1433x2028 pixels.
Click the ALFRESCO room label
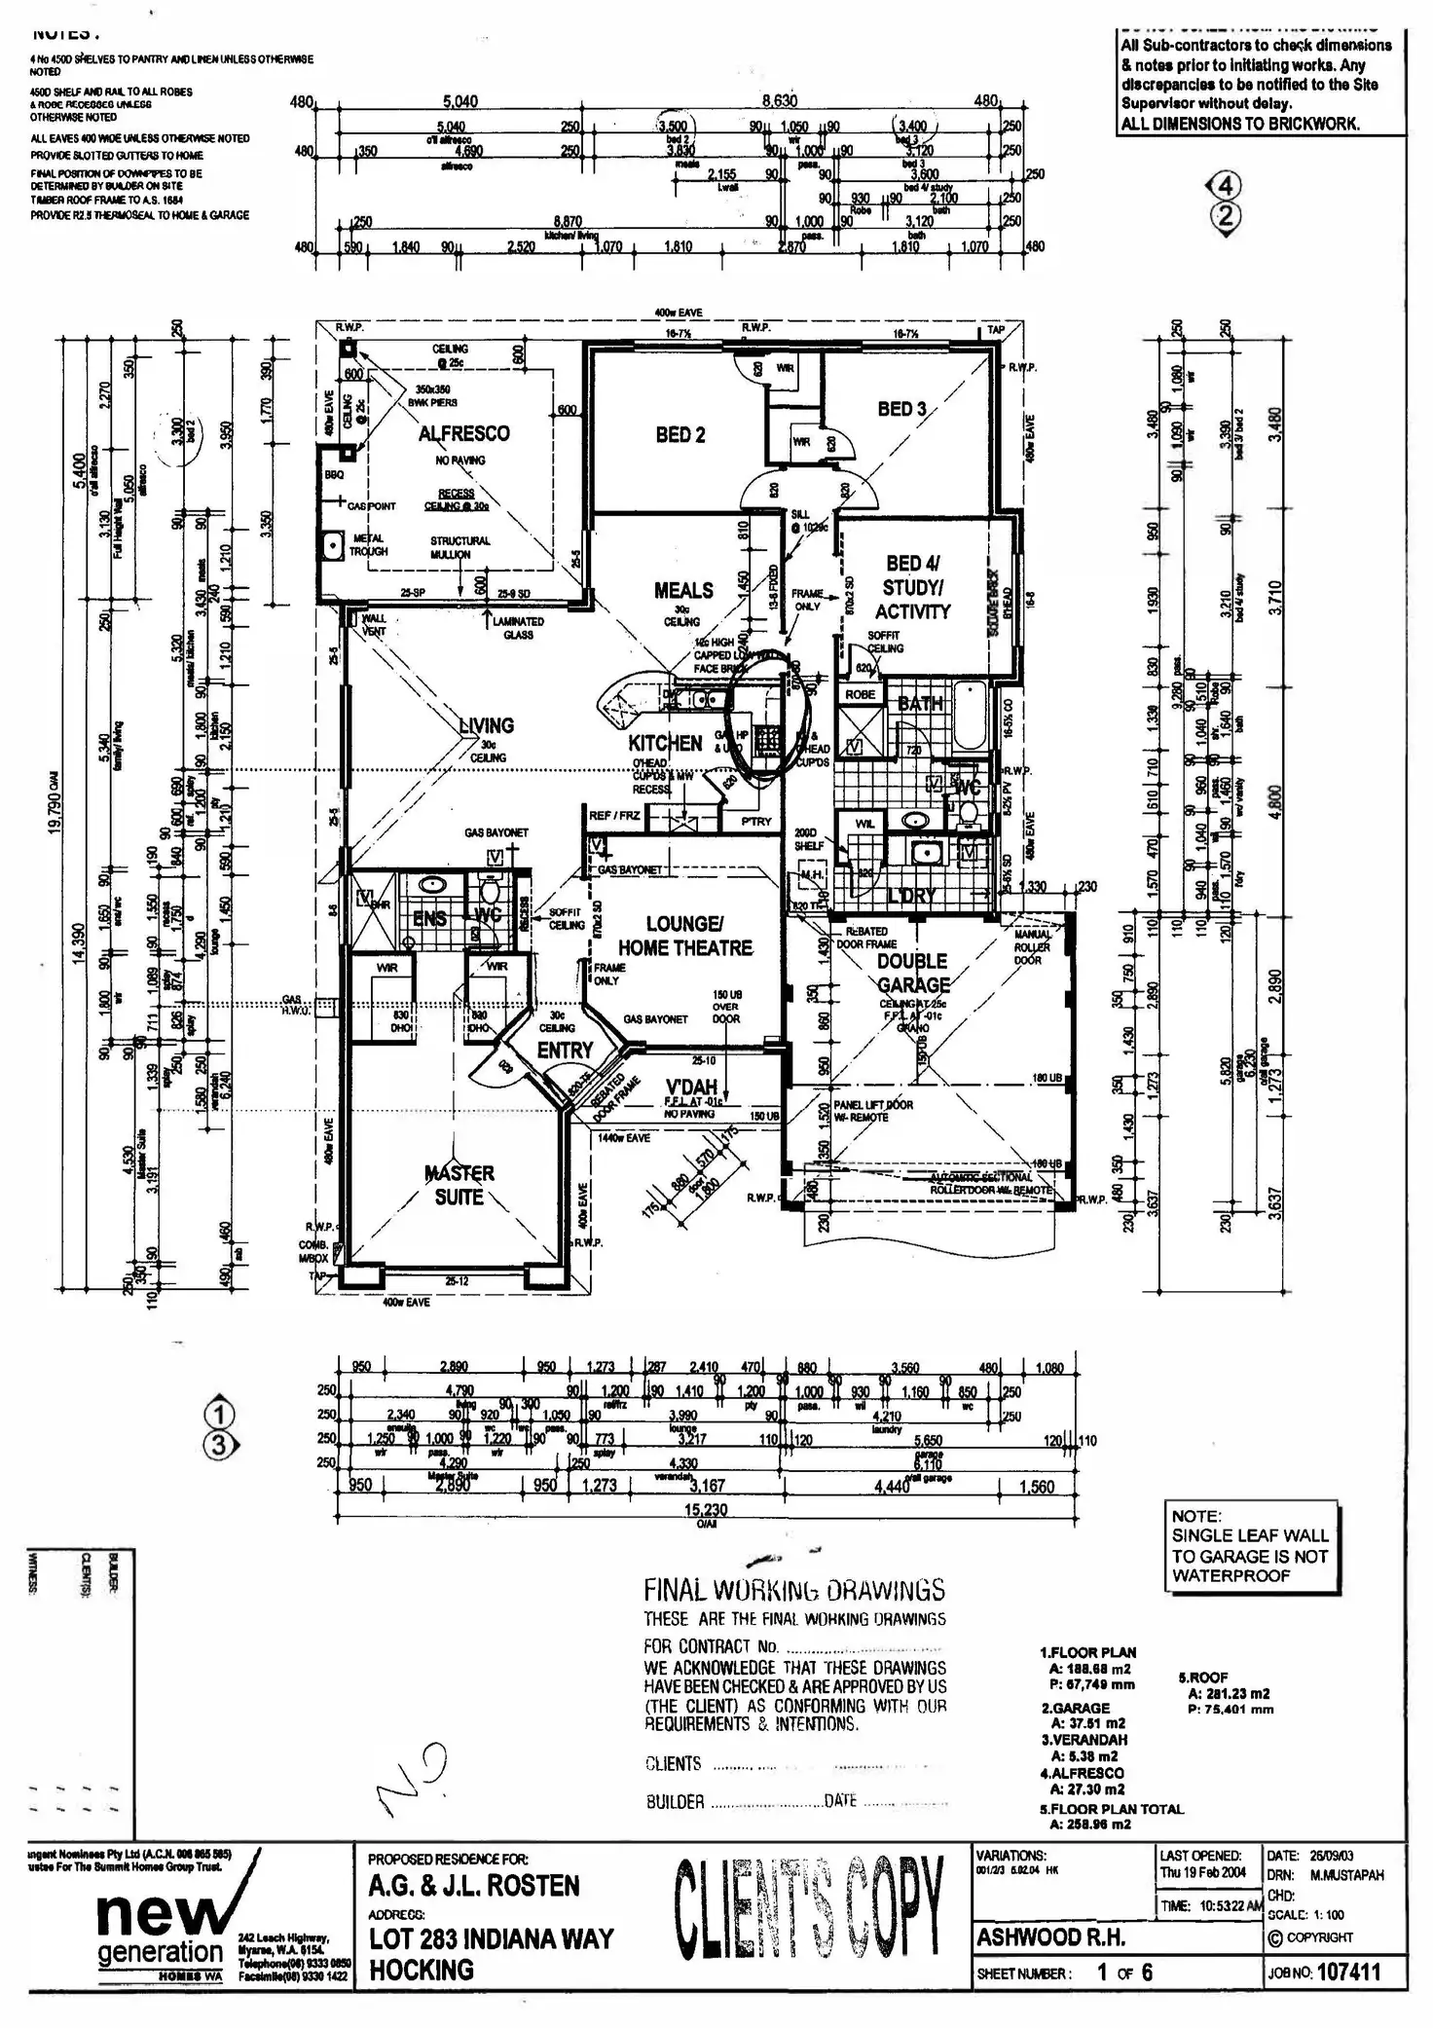[x=463, y=434]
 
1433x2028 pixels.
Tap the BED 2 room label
[x=680, y=435]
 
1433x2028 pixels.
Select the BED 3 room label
[x=901, y=409]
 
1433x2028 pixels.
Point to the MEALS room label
[x=683, y=591]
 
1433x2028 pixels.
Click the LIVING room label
[x=487, y=725]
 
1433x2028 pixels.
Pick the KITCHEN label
[x=665, y=743]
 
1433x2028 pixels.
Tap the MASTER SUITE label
[x=459, y=1185]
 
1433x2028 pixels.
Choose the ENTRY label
[x=565, y=1051]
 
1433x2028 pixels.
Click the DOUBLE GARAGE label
[x=912, y=973]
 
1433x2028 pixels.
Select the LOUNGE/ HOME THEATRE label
[x=685, y=936]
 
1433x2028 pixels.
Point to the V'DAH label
[x=691, y=1087]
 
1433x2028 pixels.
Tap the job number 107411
[x=1348, y=1973]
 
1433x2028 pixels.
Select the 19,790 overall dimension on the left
[x=55, y=800]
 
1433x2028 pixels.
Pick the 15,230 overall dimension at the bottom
[x=707, y=1510]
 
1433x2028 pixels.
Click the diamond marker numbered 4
[x=1226, y=186]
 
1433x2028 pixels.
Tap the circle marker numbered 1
[x=219, y=1414]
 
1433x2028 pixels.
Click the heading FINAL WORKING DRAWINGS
[x=794, y=1590]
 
